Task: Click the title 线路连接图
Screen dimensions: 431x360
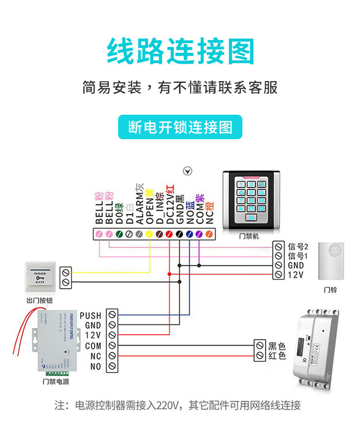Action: pos(180,51)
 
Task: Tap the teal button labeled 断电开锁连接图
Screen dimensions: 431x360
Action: pos(180,127)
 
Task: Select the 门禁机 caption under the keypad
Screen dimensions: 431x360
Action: pos(249,237)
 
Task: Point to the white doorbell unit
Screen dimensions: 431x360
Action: pos(334,261)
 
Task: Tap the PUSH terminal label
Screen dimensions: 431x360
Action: pos(90,315)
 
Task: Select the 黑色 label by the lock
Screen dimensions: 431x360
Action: pos(277,346)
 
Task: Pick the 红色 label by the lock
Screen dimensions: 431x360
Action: pos(277,356)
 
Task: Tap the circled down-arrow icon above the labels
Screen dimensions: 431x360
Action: pos(188,171)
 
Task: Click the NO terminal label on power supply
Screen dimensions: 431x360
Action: pos(96,366)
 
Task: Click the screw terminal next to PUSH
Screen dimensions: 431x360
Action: pos(112,315)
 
